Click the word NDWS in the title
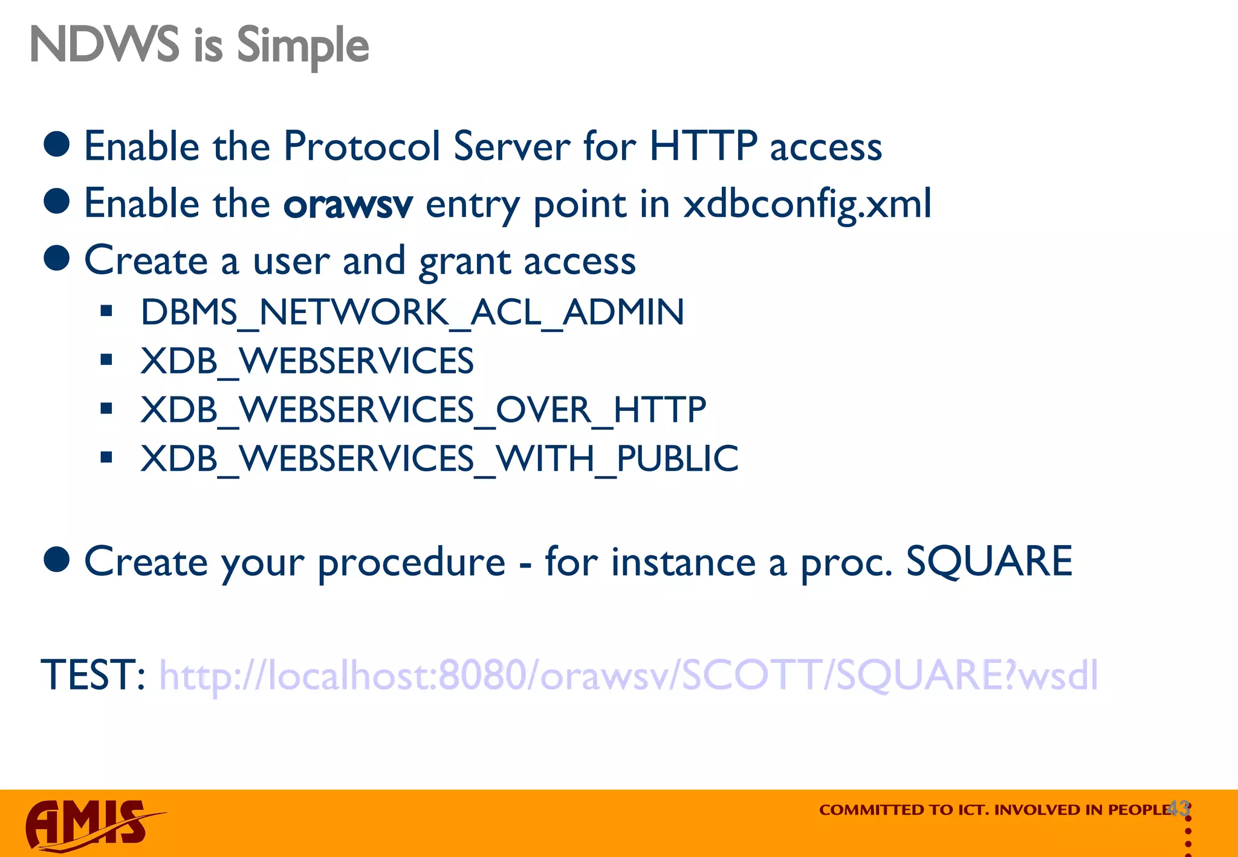[x=104, y=45]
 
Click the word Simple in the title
[x=302, y=46]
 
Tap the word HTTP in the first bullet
[x=702, y=146]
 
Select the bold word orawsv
[x=348, y=204]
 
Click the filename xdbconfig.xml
[x=807, y=204]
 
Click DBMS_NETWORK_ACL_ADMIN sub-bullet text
[x=412, y=312]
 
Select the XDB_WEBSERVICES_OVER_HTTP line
[x=423, y=410]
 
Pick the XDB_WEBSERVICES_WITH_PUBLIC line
[x=439, y=458]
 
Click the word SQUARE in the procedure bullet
[x=989, y=561]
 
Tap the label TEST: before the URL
[x=92, y=675]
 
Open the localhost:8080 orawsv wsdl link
[x=628, y=675]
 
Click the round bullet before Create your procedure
[x=57, y=560]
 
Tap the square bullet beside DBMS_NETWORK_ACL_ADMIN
[x=107, y=312]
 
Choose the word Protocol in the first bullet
[x=361, y=146]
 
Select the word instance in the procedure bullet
[x=683, y=561]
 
